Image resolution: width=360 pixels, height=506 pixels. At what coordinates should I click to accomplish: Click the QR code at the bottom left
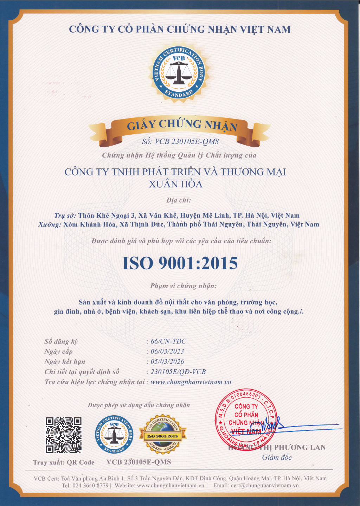coord(63,435)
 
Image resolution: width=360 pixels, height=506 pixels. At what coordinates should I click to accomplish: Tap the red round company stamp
coord(246,420)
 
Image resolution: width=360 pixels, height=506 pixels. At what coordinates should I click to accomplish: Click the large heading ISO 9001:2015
coord(180,263)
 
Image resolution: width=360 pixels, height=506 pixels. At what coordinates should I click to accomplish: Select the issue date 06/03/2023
coord(167,351)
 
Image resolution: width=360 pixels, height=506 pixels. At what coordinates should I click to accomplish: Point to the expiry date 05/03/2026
coord(167,361)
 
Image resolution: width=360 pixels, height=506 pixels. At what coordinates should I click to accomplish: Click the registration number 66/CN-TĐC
coord(168,341)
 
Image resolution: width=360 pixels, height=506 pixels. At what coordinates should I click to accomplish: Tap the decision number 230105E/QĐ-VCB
coord(178,372)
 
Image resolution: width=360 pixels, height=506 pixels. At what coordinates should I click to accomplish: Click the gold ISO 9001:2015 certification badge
coord(162,435)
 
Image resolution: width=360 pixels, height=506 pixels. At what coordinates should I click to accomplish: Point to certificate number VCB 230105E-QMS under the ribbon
coord(180,141)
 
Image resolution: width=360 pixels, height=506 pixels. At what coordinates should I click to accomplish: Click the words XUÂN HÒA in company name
coord(175,184)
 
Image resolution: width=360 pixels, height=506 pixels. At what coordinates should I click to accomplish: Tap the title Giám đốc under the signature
coord(277,457)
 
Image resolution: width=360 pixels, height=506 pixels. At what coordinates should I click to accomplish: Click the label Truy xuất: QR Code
coord(64,462)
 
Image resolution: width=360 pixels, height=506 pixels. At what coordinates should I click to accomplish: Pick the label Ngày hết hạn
coord(65,361)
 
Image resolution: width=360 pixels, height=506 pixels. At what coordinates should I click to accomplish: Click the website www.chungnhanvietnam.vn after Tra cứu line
coord(191,382)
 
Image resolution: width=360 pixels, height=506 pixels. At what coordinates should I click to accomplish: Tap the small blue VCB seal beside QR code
coord(114,435)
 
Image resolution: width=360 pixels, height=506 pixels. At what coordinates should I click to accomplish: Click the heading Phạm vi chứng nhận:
coord(183,286)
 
